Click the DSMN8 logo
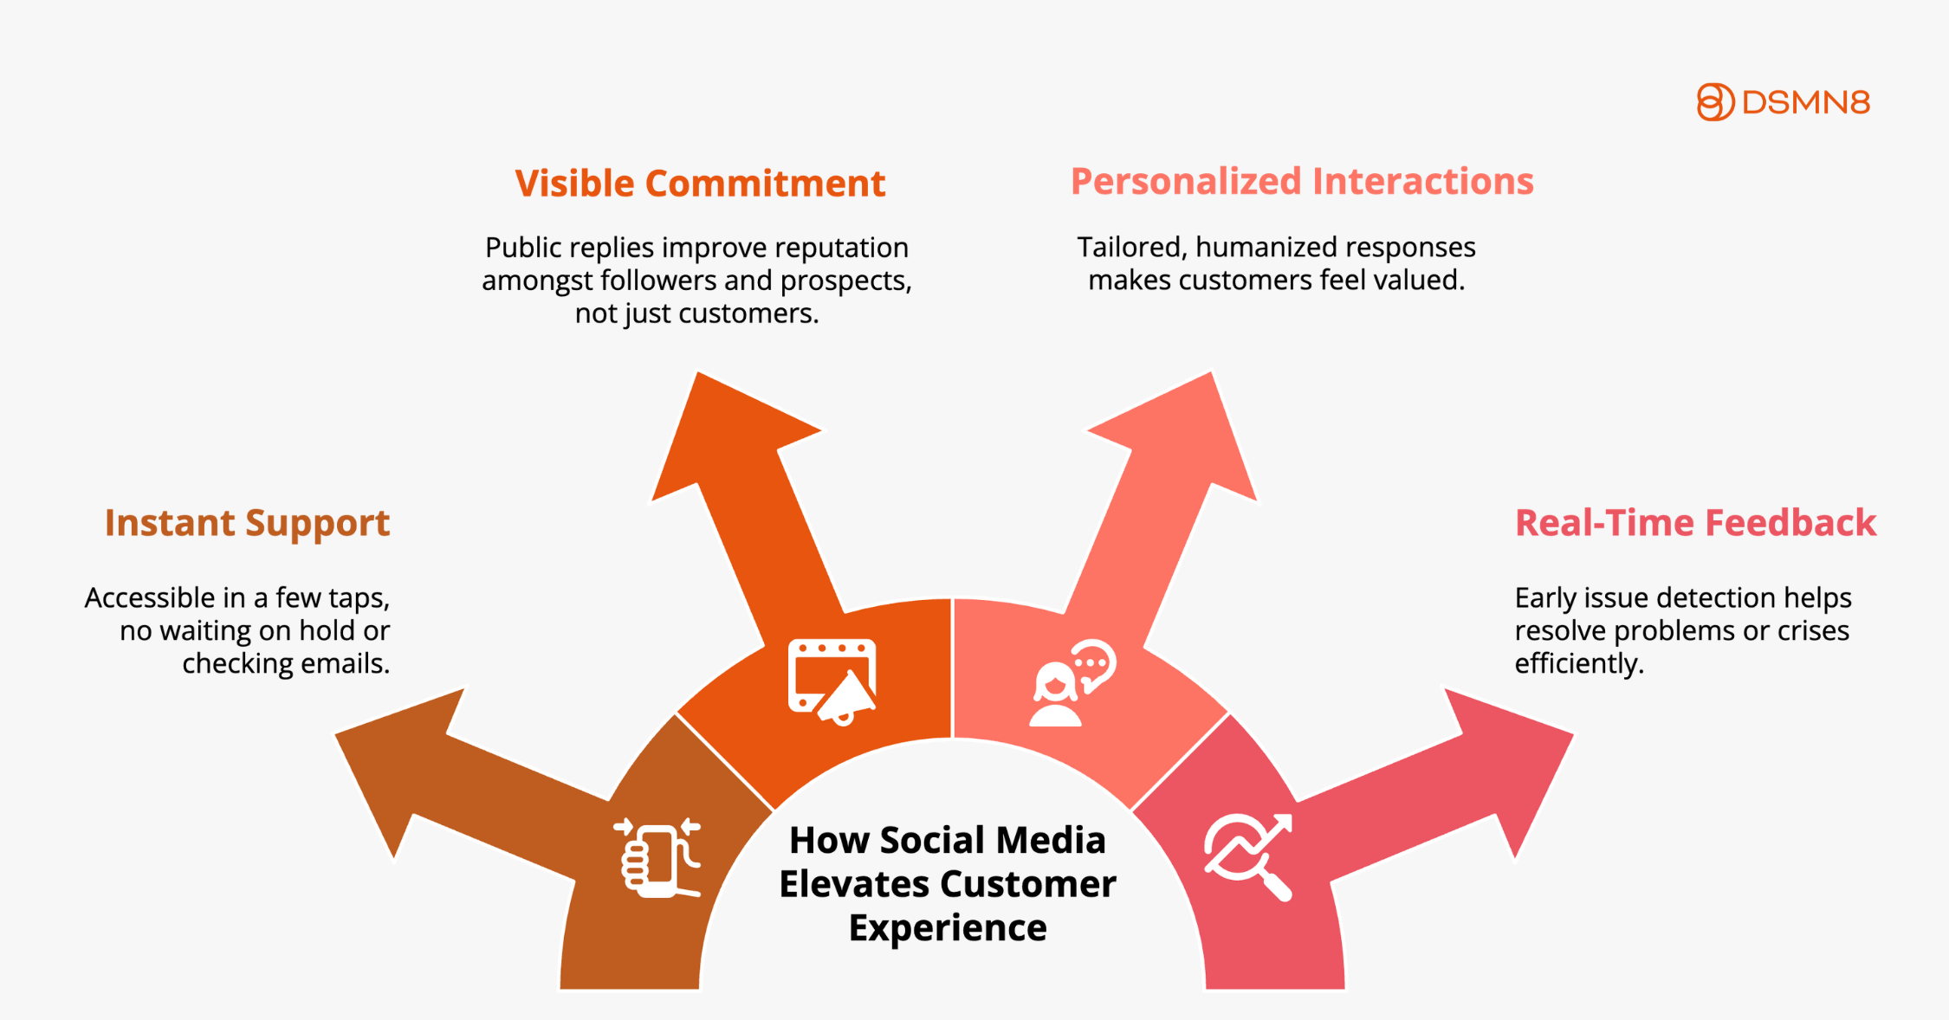click(1783, 102)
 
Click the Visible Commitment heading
click(700, 184)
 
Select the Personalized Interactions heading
click(1302, 181)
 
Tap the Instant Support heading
click(247, 524)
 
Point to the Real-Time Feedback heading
click(1695, 523)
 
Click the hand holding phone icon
click(658, 858)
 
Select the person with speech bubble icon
click(1072, 683)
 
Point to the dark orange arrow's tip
click(697, 373)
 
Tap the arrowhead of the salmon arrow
click(1210, 373)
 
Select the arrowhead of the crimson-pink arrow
click(1572, 734)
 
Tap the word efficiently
click(1579, 664)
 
